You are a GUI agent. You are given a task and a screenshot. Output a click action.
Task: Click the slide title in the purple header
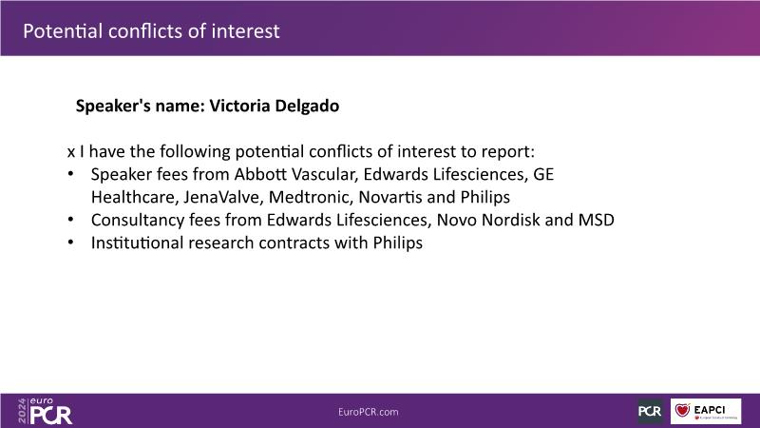[151, 31]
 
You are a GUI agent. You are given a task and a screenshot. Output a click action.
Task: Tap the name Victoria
[238, 106]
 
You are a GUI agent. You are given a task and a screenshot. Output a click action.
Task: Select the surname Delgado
[307, 106]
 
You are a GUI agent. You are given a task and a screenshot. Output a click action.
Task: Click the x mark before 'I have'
[70, 152]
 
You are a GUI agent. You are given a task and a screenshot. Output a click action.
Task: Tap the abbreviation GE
[543, 174]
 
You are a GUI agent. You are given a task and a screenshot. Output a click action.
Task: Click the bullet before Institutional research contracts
[70, 243]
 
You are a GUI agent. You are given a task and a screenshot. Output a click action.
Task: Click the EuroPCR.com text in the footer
[369, 412]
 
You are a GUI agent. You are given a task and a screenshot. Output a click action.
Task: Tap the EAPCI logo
[706, 411]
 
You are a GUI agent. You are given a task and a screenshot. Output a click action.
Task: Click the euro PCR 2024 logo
[45, 411]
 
